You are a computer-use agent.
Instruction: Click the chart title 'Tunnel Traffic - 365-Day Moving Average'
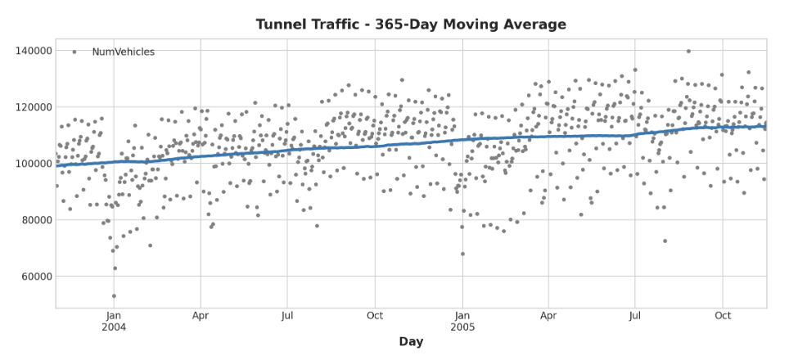click(x=410, y=25)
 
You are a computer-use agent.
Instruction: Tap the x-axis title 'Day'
click(x=410, y=342)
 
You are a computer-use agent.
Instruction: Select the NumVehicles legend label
click(x=123, y=52)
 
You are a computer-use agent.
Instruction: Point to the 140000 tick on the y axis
click(x=30, y=51)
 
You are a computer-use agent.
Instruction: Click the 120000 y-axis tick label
click(x=30, y=107)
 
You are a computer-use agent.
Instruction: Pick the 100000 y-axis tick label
click(x=30, y=164)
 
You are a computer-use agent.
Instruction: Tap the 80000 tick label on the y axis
click(x=33, y=220)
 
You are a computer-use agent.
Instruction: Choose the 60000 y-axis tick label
click(x=33, y=277)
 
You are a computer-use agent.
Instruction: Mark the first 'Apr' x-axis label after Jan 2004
click(x=201, y=315)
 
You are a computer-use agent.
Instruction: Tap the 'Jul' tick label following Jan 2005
click(x=634, y=315)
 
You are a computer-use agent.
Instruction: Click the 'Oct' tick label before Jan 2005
click(x=375, y=315)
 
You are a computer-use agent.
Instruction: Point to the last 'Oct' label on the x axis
click(x=723, y=315)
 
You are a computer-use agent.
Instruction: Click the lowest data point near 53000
click(x=114, y=296)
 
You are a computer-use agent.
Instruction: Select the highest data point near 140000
click(x=688, y=52)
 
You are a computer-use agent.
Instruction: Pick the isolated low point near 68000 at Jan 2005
click(x=462, y=254)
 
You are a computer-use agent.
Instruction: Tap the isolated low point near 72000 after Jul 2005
click(x=665, y=241)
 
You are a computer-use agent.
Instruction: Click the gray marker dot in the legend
click(x=74, y=52)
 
